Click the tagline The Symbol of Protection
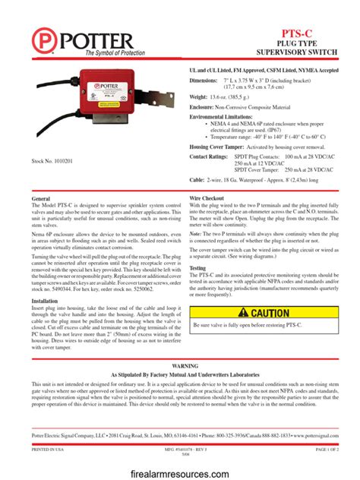point(114,52)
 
